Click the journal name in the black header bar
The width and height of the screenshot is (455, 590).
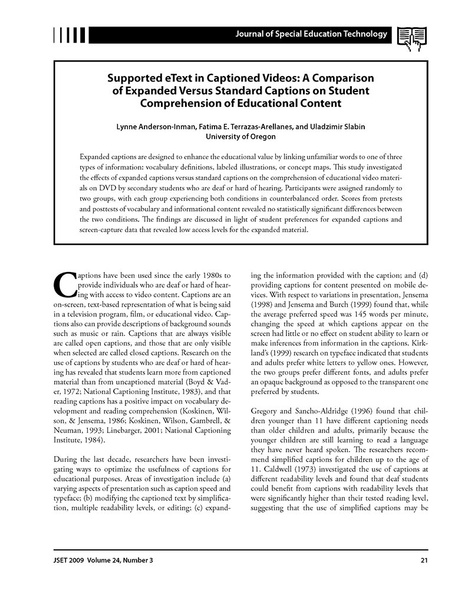coord(311,34)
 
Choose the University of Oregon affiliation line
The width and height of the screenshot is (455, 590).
coord(240,136)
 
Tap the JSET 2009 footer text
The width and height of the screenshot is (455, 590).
coord(70,560)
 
